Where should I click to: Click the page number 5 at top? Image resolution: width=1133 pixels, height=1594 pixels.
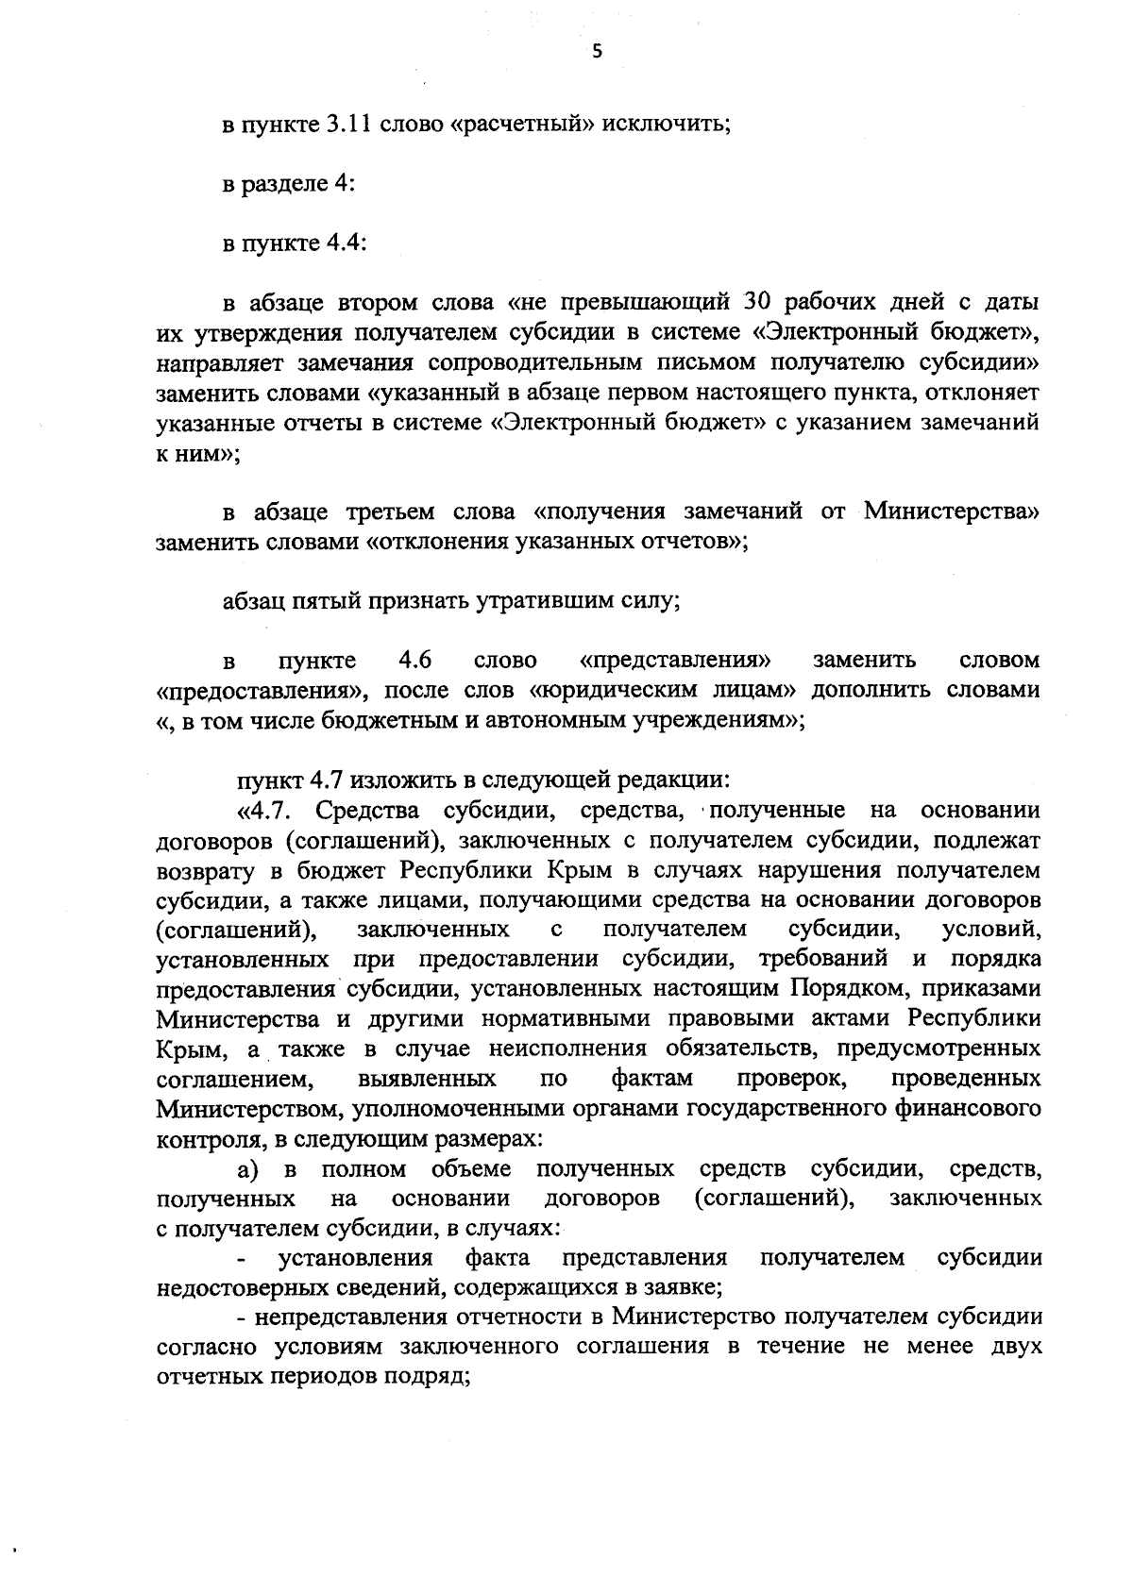click(x=596, y=53)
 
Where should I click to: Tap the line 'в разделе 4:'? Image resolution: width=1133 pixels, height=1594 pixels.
click(x=288, y=184)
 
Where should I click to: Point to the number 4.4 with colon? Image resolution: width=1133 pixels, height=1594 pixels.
click(x=346, y=243)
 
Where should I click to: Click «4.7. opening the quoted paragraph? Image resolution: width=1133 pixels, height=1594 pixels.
click(x=268, y=811)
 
